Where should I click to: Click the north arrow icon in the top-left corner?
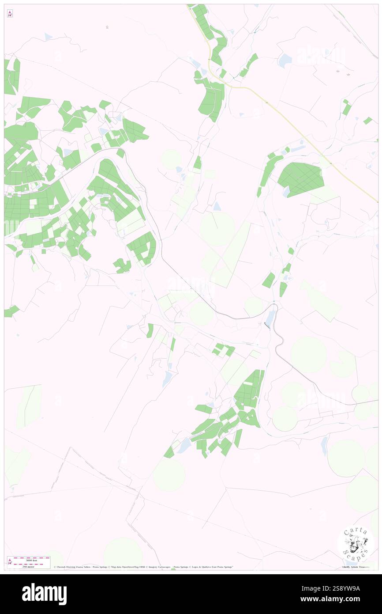(10, 14)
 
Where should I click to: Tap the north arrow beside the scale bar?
(10, 562)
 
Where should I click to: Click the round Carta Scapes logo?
(356, 544)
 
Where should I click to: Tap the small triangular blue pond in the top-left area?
(48, 37)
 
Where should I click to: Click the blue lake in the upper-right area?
(285, 60)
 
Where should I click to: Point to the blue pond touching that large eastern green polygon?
(286, 192)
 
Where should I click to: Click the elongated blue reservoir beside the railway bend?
(270, 317)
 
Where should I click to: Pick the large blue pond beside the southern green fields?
(184, 446)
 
